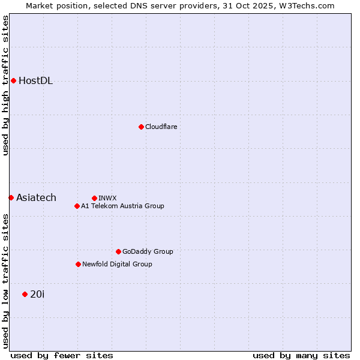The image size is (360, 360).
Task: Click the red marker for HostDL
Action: click(x=13, y=80)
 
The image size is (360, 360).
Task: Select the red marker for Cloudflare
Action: click(x=141, y=127)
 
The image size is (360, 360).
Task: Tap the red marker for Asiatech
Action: click(x=11, y=197)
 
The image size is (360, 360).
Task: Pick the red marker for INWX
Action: click(x=94, y=198)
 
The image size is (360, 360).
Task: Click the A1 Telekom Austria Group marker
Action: click(x=77, y=206)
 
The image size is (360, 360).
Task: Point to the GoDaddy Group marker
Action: click(x=118, y=251)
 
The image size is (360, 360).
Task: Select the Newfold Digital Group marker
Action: click(x=78, y=264)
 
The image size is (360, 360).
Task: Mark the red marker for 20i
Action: click(x=25, y=294)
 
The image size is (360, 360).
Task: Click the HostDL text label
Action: click(x=35, y=81)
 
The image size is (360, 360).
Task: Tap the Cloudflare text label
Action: click(x=161, y=127)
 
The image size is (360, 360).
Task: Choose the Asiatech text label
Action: click(x=36, y=198)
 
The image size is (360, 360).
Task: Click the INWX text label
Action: click(x=107, y=198)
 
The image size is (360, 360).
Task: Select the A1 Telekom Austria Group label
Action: click(x=122, y=206)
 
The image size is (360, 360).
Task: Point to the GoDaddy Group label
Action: click(x=148, y=251)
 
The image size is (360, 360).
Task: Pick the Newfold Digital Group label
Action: click(x=117, y=264)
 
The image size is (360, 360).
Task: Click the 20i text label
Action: click(x=37, y=294)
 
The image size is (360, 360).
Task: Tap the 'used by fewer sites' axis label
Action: click(x=62, y=355)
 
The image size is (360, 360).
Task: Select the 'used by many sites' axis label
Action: click(x=301, y=355)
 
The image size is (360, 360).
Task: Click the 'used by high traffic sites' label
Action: click(x=5, y=85)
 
